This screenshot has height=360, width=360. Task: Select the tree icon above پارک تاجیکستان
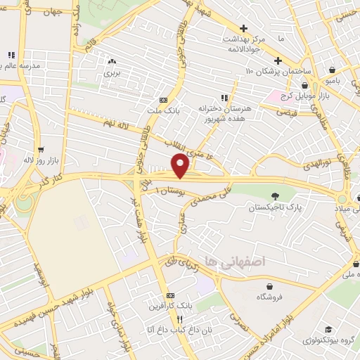point(274,196)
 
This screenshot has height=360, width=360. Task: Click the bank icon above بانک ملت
point(163,100)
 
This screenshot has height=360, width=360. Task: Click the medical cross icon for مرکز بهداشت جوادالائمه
point(243,29)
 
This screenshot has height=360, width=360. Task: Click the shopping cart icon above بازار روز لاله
point(41,149)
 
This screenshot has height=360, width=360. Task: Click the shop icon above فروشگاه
point(270,285)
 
